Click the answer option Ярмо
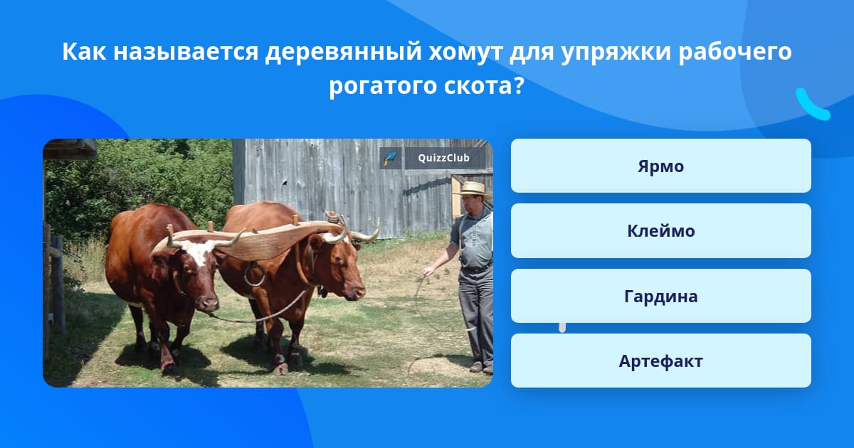pyautogui.click(x=660, y=166)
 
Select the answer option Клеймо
pyautogui.click(x=660, y=231)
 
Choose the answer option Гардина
pyautogui.click(x=660, y=296)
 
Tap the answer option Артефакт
pyautogui.click(x=660, y=361)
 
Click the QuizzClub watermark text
pyautogui.click(x=443, y=158)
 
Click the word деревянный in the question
pyautogui.click(x=343, y=51)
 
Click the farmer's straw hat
pyautogui.click(x=473, y=189)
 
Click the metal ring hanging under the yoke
pyautogui.click(x=254, y=274)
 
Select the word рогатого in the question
pyautogui.click(x=383, y=86)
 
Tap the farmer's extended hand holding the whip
pyautogui.click(x=428, y=270)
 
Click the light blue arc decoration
pyautogui.click(x=812, y=105)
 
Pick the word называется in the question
pyautogui.click(x=186, y=51)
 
